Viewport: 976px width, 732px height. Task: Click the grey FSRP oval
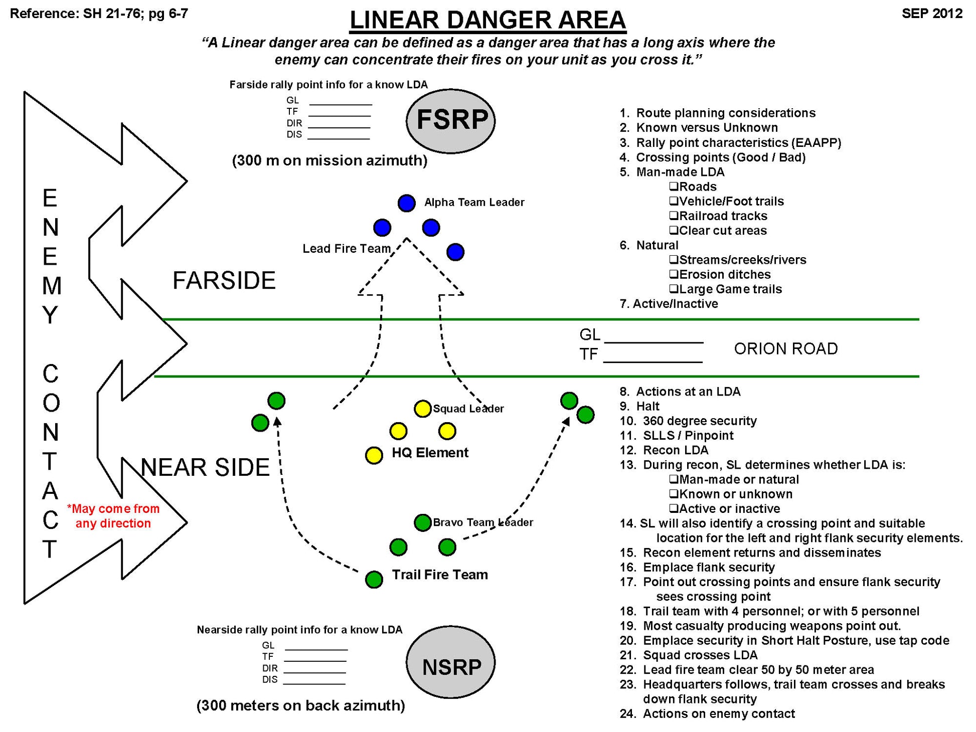450,120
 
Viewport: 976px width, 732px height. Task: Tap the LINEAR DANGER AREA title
487,20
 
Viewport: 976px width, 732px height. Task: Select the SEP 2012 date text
931,13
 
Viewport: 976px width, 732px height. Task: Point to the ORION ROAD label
785,348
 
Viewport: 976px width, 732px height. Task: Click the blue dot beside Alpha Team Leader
406,203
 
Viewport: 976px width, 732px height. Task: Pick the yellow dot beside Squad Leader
422,409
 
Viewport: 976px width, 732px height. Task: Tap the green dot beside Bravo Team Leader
422,522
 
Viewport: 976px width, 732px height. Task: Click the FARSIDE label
224,280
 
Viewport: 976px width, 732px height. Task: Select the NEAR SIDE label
205,467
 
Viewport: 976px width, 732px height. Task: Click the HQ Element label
430,452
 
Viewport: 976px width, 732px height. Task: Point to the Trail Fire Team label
439,575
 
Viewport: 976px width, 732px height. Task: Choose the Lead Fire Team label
346,249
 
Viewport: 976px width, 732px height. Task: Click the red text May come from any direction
113,516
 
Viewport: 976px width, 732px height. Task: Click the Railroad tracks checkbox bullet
674,216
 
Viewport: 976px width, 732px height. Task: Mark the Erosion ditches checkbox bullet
674,274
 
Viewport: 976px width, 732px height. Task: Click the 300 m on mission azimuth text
330,160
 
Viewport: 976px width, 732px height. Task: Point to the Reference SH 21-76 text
99,13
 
